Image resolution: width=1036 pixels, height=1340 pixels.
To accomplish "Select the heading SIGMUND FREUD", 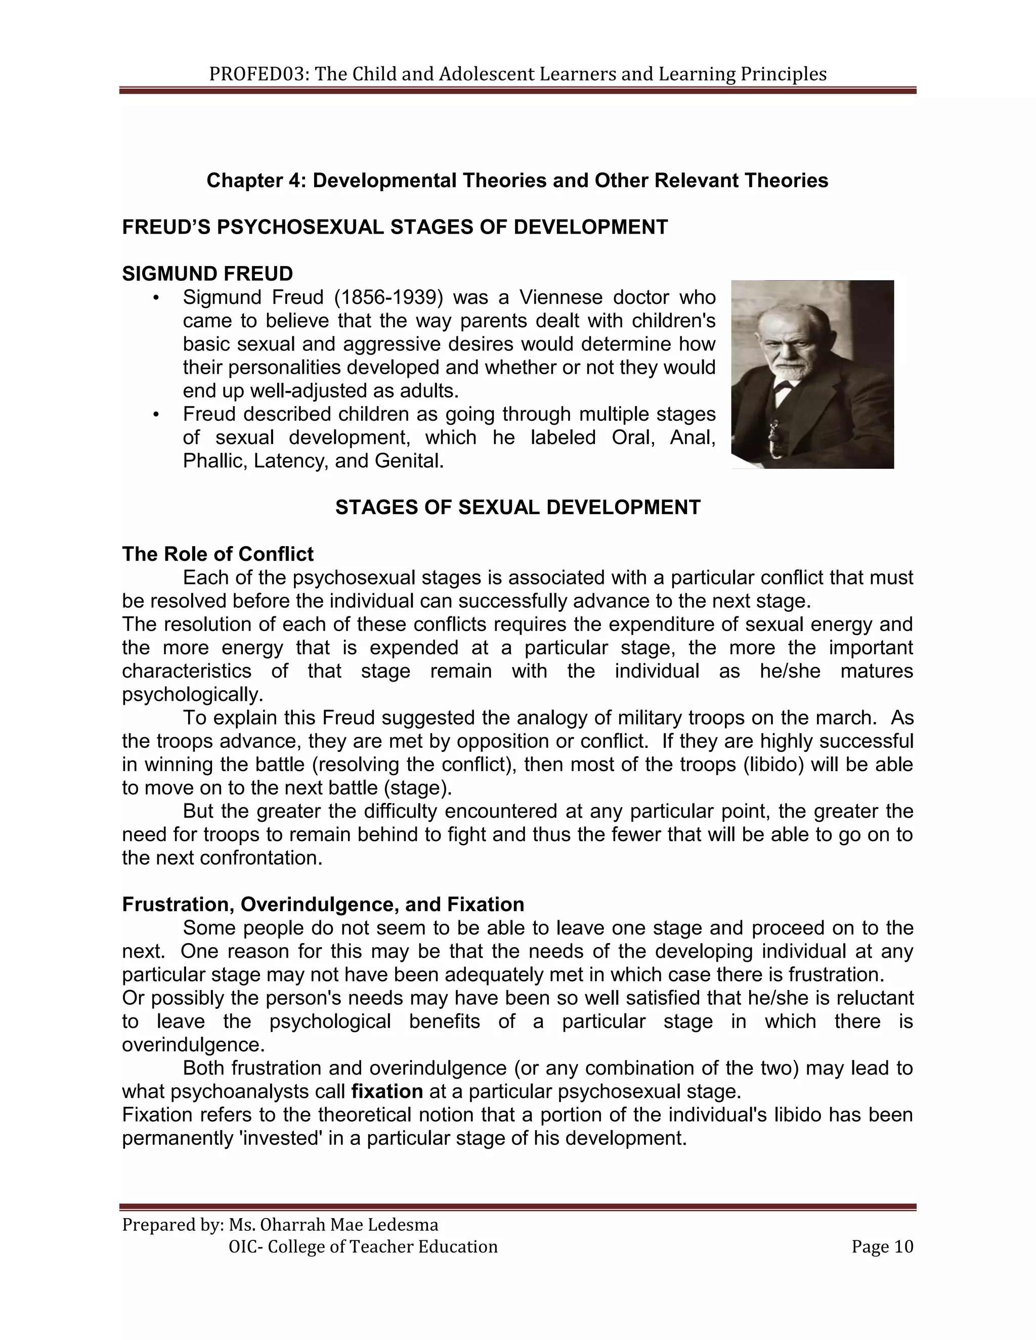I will pos(207,274).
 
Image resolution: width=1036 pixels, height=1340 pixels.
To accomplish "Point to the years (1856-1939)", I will pos(388,297).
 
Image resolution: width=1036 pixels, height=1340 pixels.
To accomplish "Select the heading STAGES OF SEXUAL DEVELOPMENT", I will pos(517,507).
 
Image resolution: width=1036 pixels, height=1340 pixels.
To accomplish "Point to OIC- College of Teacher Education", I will pos(363,1247).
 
